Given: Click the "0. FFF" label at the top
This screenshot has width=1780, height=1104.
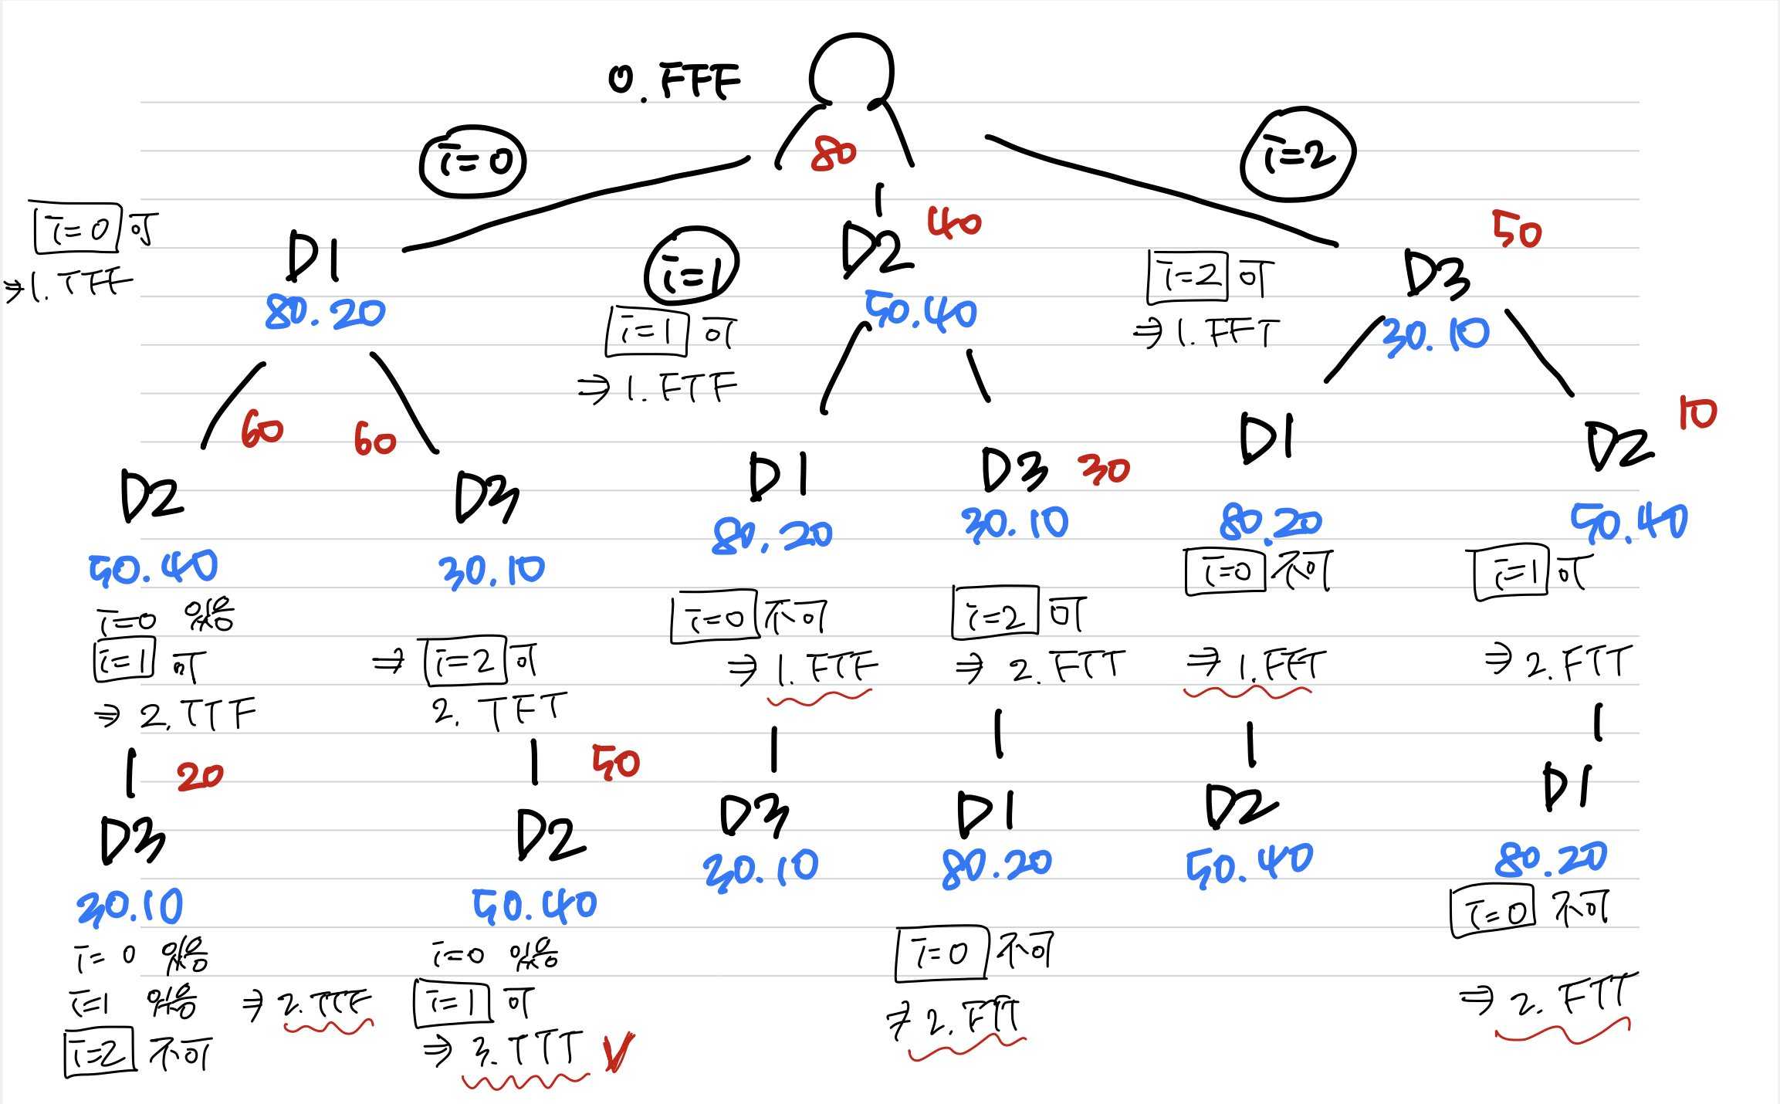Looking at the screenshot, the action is [x=675, y=81].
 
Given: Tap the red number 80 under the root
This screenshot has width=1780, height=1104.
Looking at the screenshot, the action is [x=834, y=153].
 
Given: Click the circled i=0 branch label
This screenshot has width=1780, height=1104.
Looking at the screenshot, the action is [x=472, y=162].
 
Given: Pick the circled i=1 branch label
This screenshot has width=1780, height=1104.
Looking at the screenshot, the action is [x=692, y=266].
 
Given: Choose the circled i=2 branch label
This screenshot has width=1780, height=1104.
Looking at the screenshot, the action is [x=1298, y=155].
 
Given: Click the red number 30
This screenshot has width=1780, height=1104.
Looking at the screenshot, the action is [x=1105, y=469].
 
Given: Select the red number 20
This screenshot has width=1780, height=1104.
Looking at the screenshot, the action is [x=200, y=776].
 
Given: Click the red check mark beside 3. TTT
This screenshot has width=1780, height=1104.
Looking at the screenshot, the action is [x=618, y=1052].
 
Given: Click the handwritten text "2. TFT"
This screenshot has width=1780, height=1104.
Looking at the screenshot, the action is [x=499, y=711].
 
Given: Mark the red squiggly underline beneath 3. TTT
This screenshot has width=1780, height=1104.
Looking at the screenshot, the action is [x=525, y=1082].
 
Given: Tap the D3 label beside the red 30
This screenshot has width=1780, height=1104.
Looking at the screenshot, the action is [x=1014, y=469].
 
